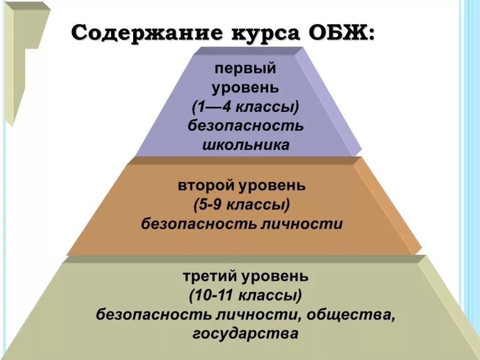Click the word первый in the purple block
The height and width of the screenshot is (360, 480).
click(245, 69)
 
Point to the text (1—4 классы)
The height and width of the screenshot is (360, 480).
click(245, 107)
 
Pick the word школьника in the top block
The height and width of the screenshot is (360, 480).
click(246, 145)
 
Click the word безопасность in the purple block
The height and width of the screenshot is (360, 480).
click(246, 126)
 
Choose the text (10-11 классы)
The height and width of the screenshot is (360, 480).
click(246, 296)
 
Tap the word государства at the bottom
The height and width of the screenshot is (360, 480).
click(245, 334)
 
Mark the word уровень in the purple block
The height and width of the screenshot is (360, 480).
click(245, 88)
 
